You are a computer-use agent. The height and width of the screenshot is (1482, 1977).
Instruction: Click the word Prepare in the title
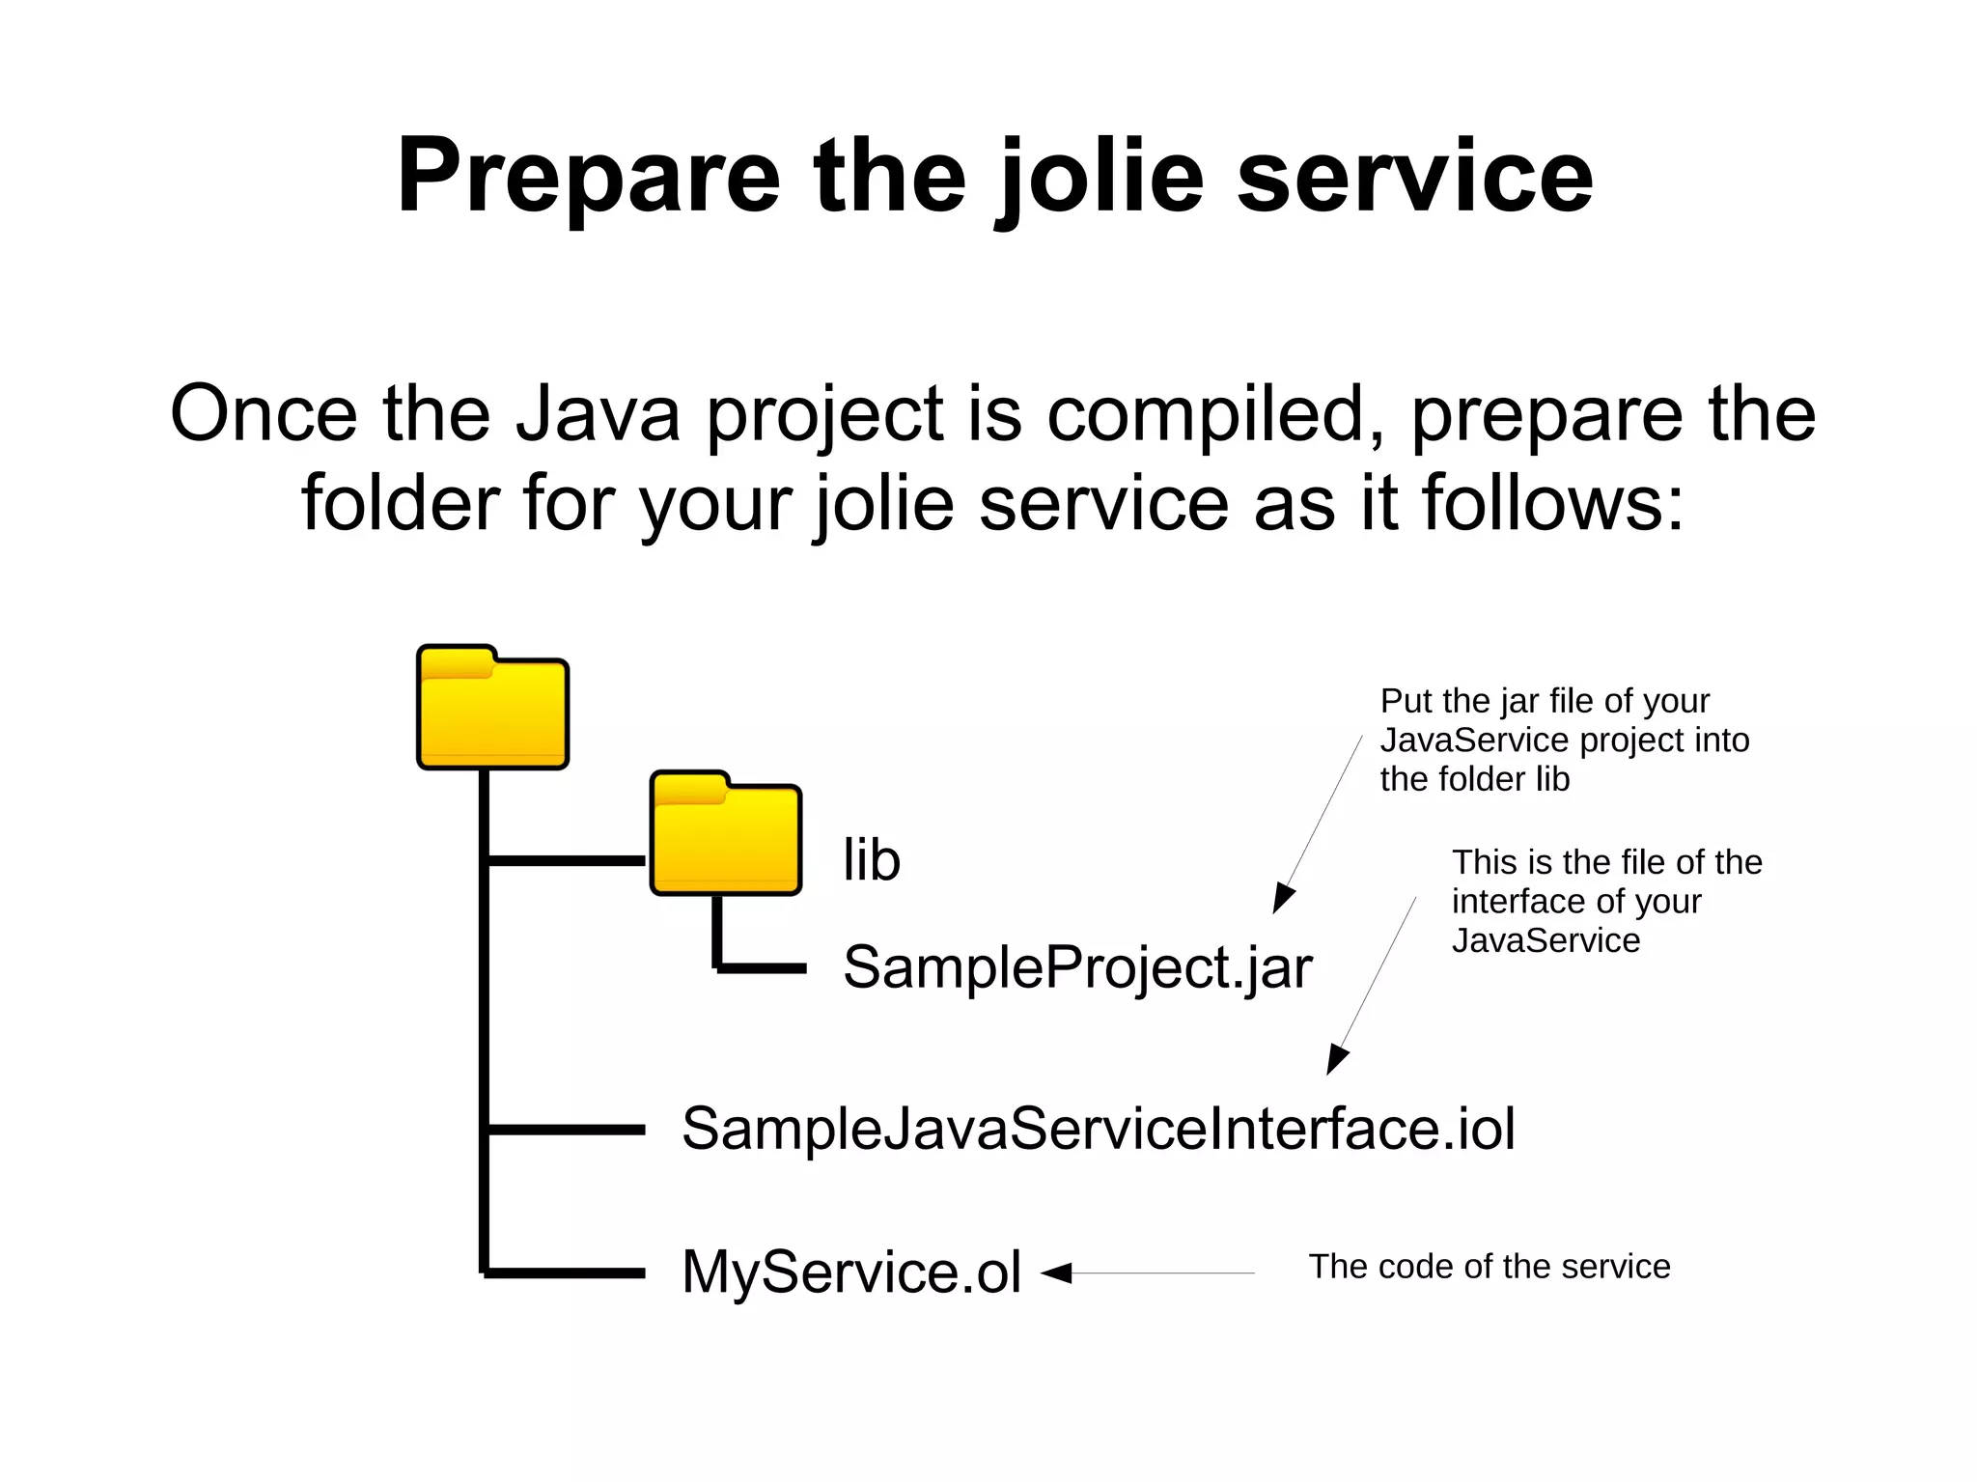pos(588,176)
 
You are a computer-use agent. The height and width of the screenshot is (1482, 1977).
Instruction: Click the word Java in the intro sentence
pos(597,413)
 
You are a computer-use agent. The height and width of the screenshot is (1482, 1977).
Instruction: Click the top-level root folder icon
pos(492,709)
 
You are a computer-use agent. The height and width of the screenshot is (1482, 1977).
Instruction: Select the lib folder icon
pos(726,834)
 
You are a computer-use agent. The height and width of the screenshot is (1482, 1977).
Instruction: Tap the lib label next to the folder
pos(871,859)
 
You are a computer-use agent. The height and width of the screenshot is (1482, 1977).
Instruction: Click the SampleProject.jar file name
pos(1077,966)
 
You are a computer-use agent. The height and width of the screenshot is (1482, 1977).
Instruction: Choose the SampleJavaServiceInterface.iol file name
pos(1098,1128)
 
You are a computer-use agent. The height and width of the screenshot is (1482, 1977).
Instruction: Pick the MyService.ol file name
pos(850,1272)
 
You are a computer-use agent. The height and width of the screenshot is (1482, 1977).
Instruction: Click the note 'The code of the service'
pos(1489,1266)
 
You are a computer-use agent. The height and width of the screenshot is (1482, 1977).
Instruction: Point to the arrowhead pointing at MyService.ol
pos(1057,1272)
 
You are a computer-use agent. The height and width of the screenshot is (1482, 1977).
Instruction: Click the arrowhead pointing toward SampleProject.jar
pos(1282,899)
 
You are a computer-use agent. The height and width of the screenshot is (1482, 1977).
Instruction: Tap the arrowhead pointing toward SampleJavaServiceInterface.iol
pos(1335,1060)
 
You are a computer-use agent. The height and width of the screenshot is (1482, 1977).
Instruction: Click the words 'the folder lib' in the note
pos(1474,779)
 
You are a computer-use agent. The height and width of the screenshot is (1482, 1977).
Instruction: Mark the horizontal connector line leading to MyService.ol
pos(566,1272)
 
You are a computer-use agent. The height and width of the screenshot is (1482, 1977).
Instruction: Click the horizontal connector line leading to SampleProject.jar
pos(763,966)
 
